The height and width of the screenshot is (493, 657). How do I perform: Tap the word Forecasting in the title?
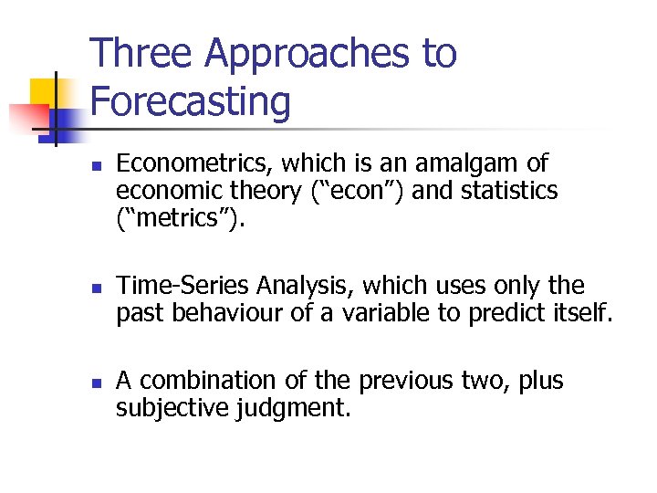pyautogui.click(x=191, y=102)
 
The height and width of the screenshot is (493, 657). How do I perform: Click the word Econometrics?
pyautogui.click(x=194, y=164)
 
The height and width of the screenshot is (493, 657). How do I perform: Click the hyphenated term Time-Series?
pyautogui.click(x=182, y=287)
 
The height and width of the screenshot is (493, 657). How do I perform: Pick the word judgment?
pyautogui.click(x=293, y=407)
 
